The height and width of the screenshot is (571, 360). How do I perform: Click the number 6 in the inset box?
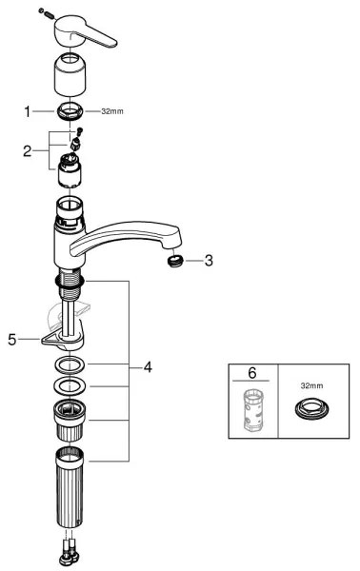pos(252,374)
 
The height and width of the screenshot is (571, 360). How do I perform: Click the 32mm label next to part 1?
pos(111,110)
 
